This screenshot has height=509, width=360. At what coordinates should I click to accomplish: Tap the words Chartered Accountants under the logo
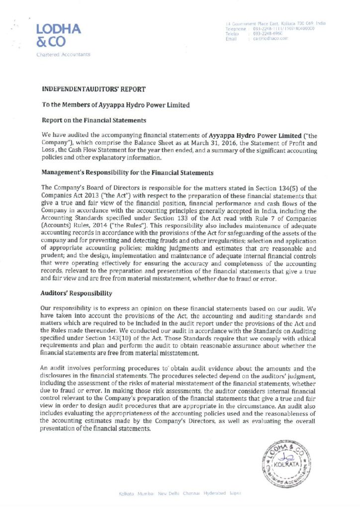(x=63, y=55)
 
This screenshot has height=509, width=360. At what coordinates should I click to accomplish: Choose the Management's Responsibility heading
(x=127, y=172)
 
